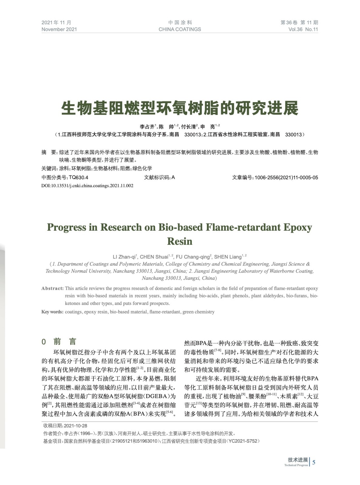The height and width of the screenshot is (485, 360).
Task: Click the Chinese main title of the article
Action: pyautogui.click(x=180, y=108)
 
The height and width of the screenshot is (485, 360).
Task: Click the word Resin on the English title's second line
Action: pyautogui.click(x=180, y=241)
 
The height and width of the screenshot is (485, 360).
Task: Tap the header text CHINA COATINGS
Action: pyautogui.click(x=180, y=29)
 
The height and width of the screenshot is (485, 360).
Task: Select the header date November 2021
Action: pyautogui.click(x=59, y=29)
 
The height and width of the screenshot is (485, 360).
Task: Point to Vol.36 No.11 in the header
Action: pyautogui.click(x=303, y=29)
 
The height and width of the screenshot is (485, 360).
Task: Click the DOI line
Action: pyautogui.click(x=87, y=186)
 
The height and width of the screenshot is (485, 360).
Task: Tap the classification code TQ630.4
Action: pyautogui.click(x=79, y=178)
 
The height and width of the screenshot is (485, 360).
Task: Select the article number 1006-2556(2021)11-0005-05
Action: pyautogui.click(x=286, y=178)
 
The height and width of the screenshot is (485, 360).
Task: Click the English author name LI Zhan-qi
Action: pyautogui.click(x=125, y=257)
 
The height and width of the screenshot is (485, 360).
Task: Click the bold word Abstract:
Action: pyautogui.click(x=52, y=288)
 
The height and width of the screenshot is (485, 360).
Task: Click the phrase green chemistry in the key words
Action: pyautogui.click(x=198, y=312)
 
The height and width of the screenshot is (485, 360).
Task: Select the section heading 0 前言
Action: pyautogui.click(x=59, y=342)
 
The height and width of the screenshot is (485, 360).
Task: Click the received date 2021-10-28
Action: pyautogui.click(x=76, y=426)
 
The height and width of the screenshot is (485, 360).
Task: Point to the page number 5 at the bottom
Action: pyautogui.click(x=314, y=462)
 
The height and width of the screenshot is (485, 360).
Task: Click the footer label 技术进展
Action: pyautogui.click(x=298, y=460)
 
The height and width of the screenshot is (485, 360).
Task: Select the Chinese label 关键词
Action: pyautogui.click(x=49, y=169)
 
